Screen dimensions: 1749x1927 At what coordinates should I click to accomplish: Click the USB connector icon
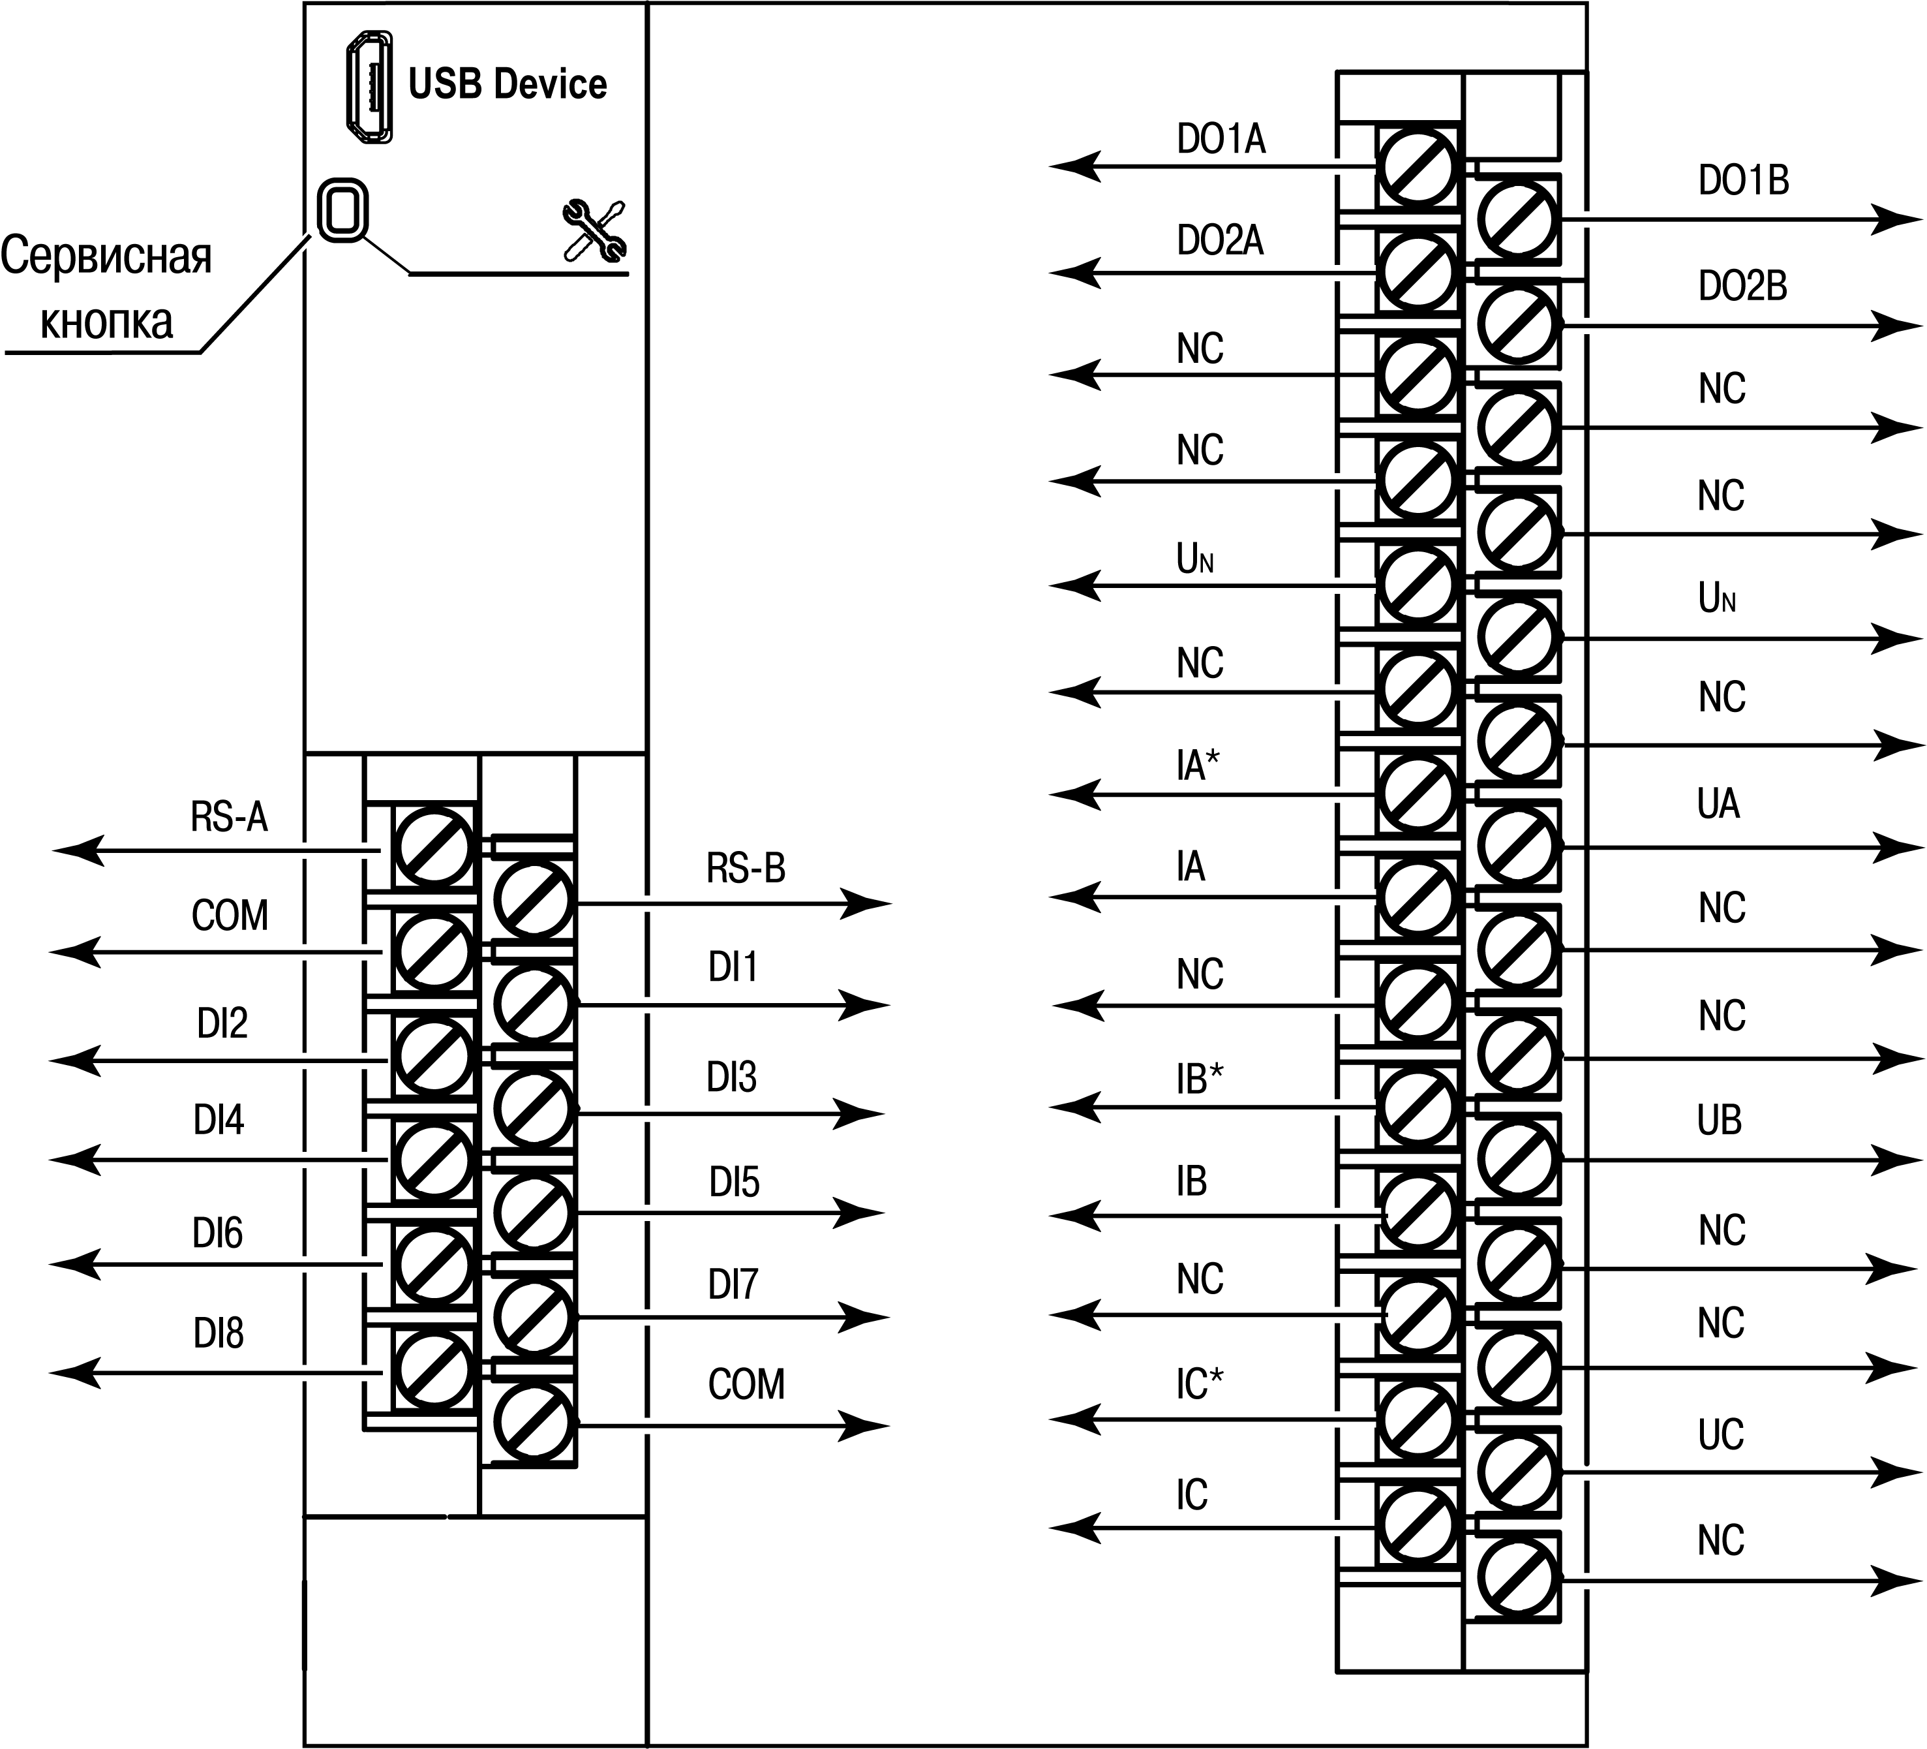[370, 87]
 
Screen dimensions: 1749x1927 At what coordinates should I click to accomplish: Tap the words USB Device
[507, 85]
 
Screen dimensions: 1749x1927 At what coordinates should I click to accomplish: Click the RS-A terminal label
[230, 818]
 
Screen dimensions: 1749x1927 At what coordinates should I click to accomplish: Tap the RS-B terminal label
[746, 868]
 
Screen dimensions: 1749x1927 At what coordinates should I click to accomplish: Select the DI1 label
[733, 968]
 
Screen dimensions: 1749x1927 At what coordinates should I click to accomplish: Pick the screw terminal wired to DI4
[433, 1159]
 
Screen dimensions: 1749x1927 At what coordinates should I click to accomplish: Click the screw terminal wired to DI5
[534, 1213]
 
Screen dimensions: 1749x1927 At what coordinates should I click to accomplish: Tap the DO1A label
[1221, 140]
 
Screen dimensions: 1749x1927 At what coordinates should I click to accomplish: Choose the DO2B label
[1742, 286]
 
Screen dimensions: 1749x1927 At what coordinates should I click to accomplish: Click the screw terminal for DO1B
[1517, 219]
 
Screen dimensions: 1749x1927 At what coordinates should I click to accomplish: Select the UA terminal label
[1718, 804]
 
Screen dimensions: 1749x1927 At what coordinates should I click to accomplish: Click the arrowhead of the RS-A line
[76, 849]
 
